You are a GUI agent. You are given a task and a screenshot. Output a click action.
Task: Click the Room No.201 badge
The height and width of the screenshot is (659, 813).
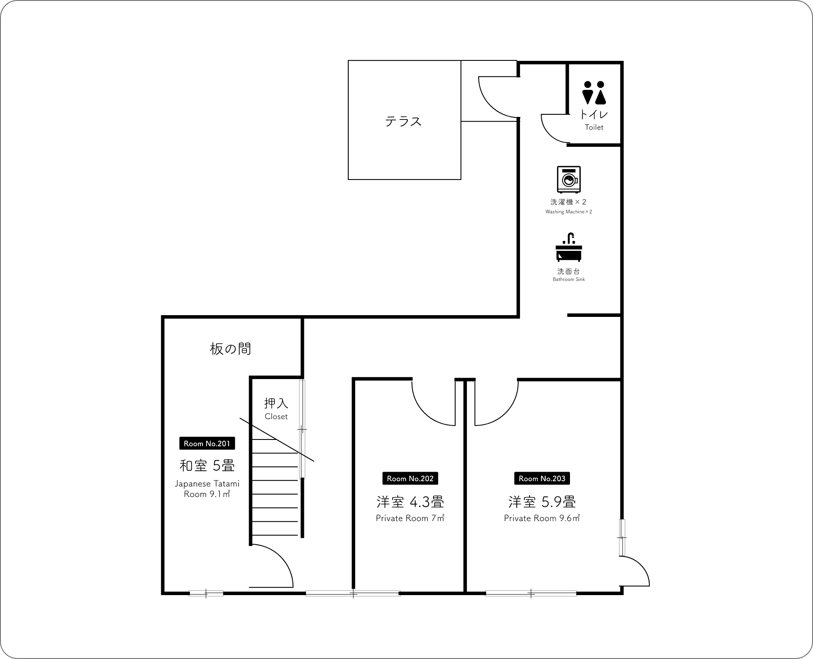(207, 443)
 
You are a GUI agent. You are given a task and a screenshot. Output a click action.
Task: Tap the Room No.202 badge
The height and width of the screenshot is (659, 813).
(410, 479)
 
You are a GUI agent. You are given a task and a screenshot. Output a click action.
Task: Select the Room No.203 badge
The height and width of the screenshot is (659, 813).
(542, 479)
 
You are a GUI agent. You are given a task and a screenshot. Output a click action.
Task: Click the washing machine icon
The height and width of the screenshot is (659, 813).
(569, 179)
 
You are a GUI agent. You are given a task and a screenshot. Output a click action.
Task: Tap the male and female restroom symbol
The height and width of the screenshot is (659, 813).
(594, 93)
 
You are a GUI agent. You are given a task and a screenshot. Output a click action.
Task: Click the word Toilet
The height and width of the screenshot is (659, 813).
(594, 127)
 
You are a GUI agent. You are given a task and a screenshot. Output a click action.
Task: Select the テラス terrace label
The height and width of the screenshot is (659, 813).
(403, 121)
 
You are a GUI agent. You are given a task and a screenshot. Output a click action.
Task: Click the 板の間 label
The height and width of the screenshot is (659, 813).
(230, 349)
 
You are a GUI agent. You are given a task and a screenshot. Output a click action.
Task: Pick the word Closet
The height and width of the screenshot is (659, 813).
(276, 416)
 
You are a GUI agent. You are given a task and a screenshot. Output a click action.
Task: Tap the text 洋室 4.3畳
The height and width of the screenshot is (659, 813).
(410, 502)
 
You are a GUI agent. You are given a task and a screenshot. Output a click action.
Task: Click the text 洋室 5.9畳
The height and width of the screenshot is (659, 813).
(542, 502)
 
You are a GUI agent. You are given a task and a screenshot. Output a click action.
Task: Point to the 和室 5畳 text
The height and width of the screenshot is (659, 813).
(207, 466)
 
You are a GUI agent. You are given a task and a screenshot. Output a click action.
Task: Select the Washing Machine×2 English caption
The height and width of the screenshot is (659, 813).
(569, 212)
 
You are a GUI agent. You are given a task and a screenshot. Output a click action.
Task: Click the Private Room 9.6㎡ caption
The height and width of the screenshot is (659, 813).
(542, 518)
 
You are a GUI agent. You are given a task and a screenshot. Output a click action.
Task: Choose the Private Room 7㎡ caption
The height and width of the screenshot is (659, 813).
(410, 518)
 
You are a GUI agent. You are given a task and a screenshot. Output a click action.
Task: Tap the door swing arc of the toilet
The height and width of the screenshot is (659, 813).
(549, 133)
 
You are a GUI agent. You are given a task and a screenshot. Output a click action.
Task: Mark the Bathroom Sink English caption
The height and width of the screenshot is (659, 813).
(569, 280)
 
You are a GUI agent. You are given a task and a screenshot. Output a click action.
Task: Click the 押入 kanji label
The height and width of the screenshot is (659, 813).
(276, 403)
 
